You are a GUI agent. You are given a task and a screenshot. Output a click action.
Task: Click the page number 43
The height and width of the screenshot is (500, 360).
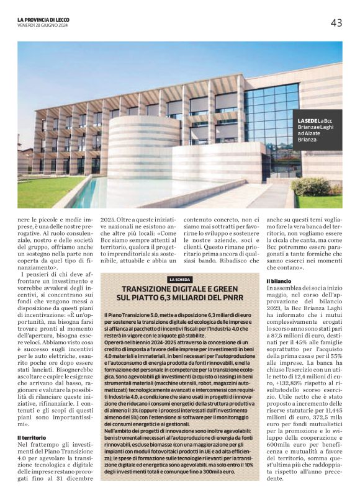pyautogui.click(x=336, y=23)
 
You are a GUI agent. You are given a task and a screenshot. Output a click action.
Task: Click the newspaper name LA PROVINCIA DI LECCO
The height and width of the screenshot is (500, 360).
pyautogui.click(x=43, y=19)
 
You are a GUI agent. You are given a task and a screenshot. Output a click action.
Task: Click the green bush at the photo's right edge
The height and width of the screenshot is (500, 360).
pyautogui.click(x=313, y=186)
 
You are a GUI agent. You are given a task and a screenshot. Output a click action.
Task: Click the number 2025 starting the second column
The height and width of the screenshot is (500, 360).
pyautogui.click(x=109, y=218)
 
